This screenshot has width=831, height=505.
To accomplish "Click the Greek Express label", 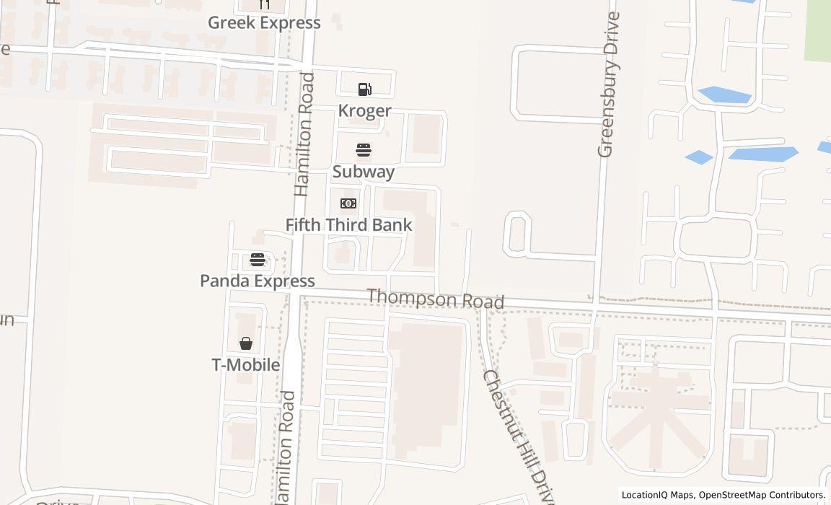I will click(264, 23).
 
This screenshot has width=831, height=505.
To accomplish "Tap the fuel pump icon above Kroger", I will click(364, 89).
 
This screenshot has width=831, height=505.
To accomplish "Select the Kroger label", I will click(365, 110).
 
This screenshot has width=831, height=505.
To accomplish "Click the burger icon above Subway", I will click(364, 151).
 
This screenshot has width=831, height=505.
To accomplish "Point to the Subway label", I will click(364, 172).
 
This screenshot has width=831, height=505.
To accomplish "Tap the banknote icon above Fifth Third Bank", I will click(348, 203).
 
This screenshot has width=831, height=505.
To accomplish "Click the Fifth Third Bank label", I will click(348, 225).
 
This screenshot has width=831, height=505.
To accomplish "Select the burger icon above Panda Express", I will click(258, 260).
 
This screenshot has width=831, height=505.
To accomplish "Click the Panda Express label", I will click(258, 281).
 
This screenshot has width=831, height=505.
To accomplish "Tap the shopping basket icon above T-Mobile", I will click(246, 343).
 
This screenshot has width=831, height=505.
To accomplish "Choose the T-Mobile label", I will click(246, 365).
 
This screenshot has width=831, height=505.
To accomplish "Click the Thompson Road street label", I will click(436, 299).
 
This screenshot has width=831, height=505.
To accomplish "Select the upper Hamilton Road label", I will click(305, 134).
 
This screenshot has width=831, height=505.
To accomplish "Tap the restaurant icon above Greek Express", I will click(264, 4).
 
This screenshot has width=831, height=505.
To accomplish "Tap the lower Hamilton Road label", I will click(285, 447).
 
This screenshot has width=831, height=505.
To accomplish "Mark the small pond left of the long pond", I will click(698, 157).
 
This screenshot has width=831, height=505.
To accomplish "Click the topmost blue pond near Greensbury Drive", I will click(724, 95).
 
